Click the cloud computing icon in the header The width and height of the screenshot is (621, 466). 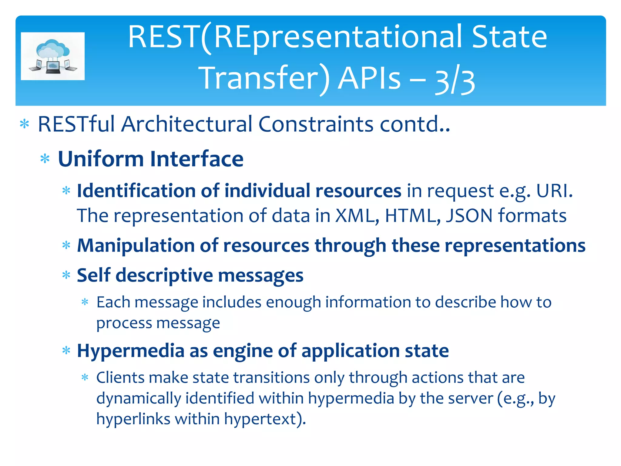point(53,56)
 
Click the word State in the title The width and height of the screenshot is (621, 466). point(509,37)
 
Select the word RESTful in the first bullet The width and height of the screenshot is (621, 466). point(76,124)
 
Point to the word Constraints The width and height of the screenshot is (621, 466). point(316,124)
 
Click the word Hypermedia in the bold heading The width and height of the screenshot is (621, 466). point(131,351)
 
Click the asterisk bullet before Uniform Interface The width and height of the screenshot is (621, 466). point(45,159)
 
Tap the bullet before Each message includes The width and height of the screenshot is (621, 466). point(85,302)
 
